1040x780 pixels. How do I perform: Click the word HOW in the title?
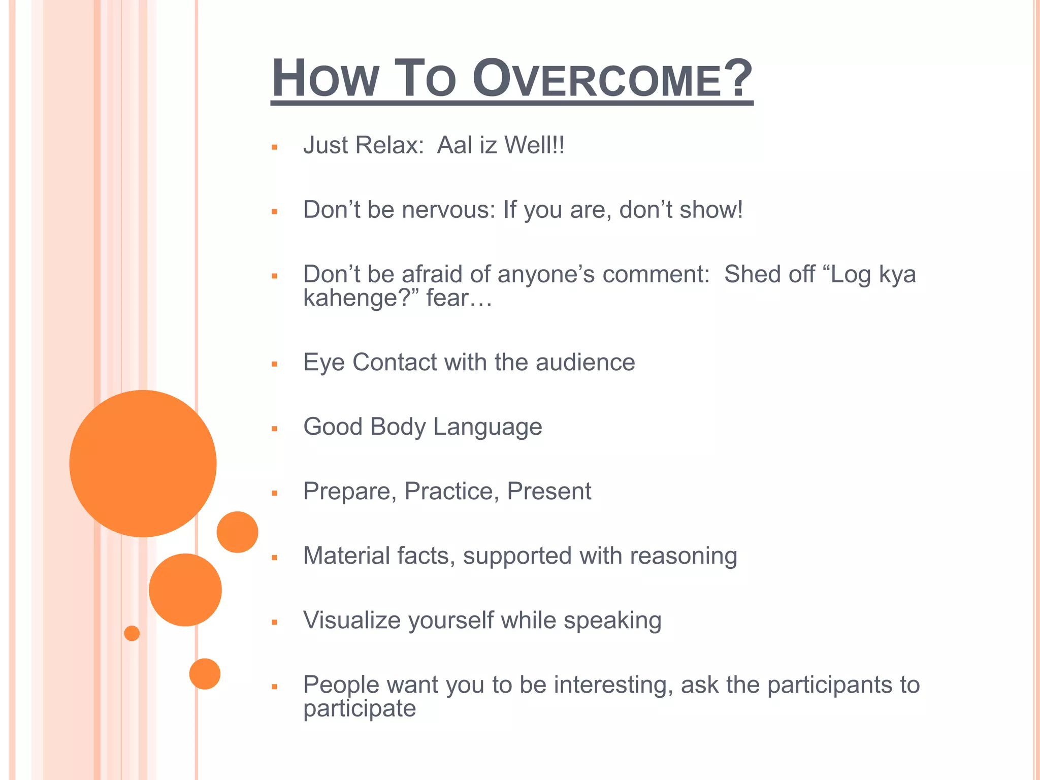click(x=325, y=80)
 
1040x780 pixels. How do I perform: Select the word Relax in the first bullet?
click(x=389, y=145)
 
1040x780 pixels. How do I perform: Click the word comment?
click(x=656, y=275)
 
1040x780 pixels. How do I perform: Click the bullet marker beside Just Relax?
click(x=275, y=148)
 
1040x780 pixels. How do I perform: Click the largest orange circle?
click(x=143, y=463)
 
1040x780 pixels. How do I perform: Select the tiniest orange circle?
click(x=132, y=633)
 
